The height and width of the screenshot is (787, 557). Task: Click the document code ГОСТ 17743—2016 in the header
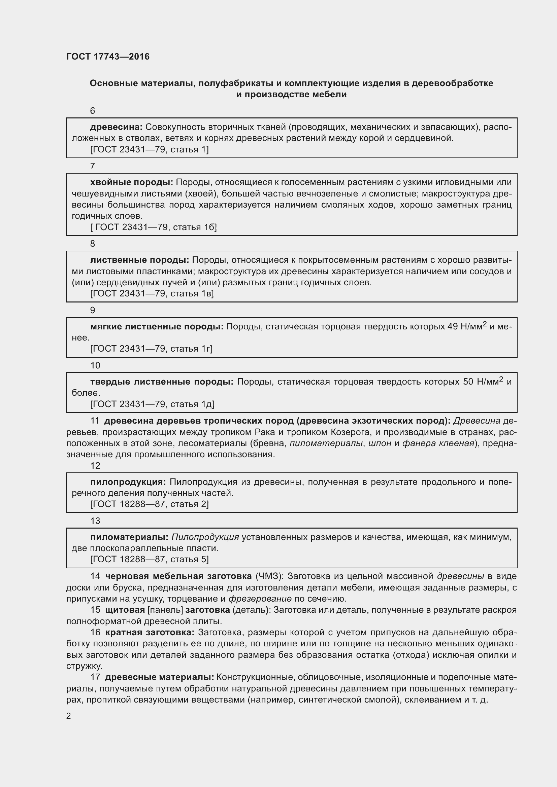click(108, 57)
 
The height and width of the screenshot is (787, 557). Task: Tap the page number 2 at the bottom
click(69, 716)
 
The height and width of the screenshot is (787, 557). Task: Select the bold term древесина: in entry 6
click(116, 127)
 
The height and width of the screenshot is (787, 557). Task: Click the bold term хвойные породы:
click(131, 182)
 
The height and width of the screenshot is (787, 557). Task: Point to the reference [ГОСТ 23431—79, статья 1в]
click(152, 293)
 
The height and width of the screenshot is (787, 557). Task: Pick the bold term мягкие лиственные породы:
click(157, 327)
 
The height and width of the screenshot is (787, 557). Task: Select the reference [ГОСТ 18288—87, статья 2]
click(149, 504)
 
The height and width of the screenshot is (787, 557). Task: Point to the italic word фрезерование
click(260, 599)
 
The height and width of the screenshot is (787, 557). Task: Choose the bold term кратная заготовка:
click(150, 632)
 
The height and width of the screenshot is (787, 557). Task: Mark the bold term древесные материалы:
click(160, 677)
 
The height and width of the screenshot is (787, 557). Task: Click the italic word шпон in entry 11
click(380, 443)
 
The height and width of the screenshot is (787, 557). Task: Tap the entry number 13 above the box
click(95, 521)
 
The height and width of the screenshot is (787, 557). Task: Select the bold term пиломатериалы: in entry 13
click(129, 537)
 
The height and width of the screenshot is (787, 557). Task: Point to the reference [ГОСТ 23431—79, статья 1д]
click(152, 404)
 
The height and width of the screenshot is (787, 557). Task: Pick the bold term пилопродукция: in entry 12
click(128, 482)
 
